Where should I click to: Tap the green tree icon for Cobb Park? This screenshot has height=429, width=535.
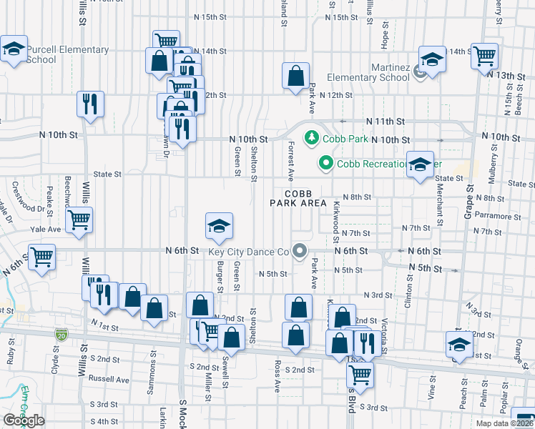[x=312, y=137]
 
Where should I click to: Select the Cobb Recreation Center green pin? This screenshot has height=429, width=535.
[x=326, y=164]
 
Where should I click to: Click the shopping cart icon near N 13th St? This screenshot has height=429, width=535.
[x=484, y=54]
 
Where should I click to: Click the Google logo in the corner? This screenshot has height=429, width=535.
[x=24, y=420]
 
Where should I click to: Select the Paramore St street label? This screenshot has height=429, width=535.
[x=498, y=216]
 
